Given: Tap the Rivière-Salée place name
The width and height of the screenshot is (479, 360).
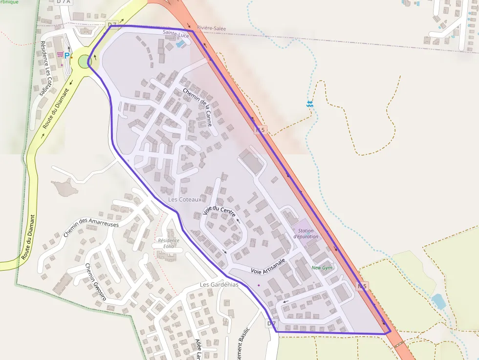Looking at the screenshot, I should [x=212, y=28].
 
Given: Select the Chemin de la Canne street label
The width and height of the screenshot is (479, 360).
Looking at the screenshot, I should [x=197, y=107].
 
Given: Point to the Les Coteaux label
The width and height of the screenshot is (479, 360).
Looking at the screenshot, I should [x=185, y=199].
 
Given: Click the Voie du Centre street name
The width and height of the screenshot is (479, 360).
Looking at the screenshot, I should [x=219, y=212].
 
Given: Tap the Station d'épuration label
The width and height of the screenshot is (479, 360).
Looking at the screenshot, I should [x=306, y=233].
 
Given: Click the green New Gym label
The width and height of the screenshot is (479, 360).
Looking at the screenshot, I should [x=322, y=268].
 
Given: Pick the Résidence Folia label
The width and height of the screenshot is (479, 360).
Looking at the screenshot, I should [x=169, y=243].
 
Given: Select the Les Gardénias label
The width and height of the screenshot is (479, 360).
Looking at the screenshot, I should [x=219, y=284].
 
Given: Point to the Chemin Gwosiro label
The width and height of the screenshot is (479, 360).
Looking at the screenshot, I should [x=95, y=282].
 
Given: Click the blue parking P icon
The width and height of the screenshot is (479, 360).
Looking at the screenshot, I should [x=67, y=56].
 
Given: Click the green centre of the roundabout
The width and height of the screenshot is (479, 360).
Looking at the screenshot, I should [x=85, y=62].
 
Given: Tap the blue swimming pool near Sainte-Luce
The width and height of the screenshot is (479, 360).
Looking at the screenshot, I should [x=180, y=44].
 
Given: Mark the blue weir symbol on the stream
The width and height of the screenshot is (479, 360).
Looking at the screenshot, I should [x=309, y=104].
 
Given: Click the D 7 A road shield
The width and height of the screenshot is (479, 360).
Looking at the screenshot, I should [x=63, y=1].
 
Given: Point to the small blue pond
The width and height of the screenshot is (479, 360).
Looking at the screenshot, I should [x=438, y=301].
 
